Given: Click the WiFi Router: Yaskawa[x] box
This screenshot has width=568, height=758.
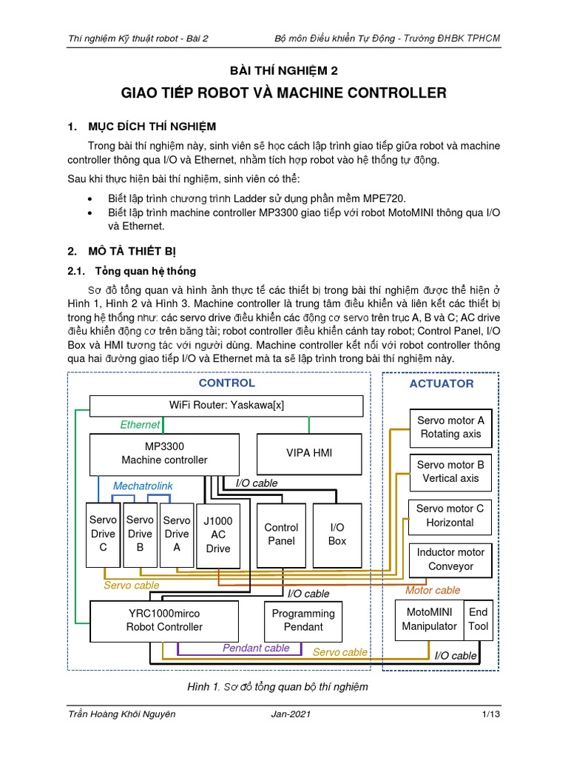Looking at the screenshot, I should tap(226, 406).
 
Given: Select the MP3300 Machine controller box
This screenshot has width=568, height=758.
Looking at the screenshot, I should tap(164, 454).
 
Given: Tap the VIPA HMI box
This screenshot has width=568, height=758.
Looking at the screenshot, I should tap(309, 453).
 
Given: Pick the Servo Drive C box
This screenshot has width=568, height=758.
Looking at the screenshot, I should tap(103, 534).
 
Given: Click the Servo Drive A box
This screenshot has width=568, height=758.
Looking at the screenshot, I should tap(177, 534).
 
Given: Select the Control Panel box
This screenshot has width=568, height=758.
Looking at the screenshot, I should tap(281, 534).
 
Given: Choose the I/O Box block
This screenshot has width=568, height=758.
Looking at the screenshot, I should tap(337, 534).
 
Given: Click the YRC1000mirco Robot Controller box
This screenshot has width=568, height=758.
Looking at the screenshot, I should tap(164, 620).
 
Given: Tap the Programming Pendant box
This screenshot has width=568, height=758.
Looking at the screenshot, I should tap(303, 620).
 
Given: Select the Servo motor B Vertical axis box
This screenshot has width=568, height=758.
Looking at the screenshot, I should tap(450, 472).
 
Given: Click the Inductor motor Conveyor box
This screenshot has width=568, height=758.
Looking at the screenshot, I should tap(450, 560).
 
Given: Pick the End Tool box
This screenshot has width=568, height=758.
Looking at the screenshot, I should tap(478, 620).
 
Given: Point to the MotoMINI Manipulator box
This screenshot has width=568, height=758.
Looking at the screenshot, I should tap(429, 620).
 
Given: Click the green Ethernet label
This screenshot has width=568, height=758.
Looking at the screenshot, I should tap(140, 425).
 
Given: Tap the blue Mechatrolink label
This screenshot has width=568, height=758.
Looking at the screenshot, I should tap(143, 486).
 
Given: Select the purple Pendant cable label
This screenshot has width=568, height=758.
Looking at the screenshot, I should tap(256, 648).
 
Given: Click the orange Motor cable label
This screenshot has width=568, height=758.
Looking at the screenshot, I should tap(433, 590).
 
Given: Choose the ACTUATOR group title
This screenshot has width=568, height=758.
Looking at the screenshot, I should tap(442, 383).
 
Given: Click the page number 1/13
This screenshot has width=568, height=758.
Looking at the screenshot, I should tap(490, 714).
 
